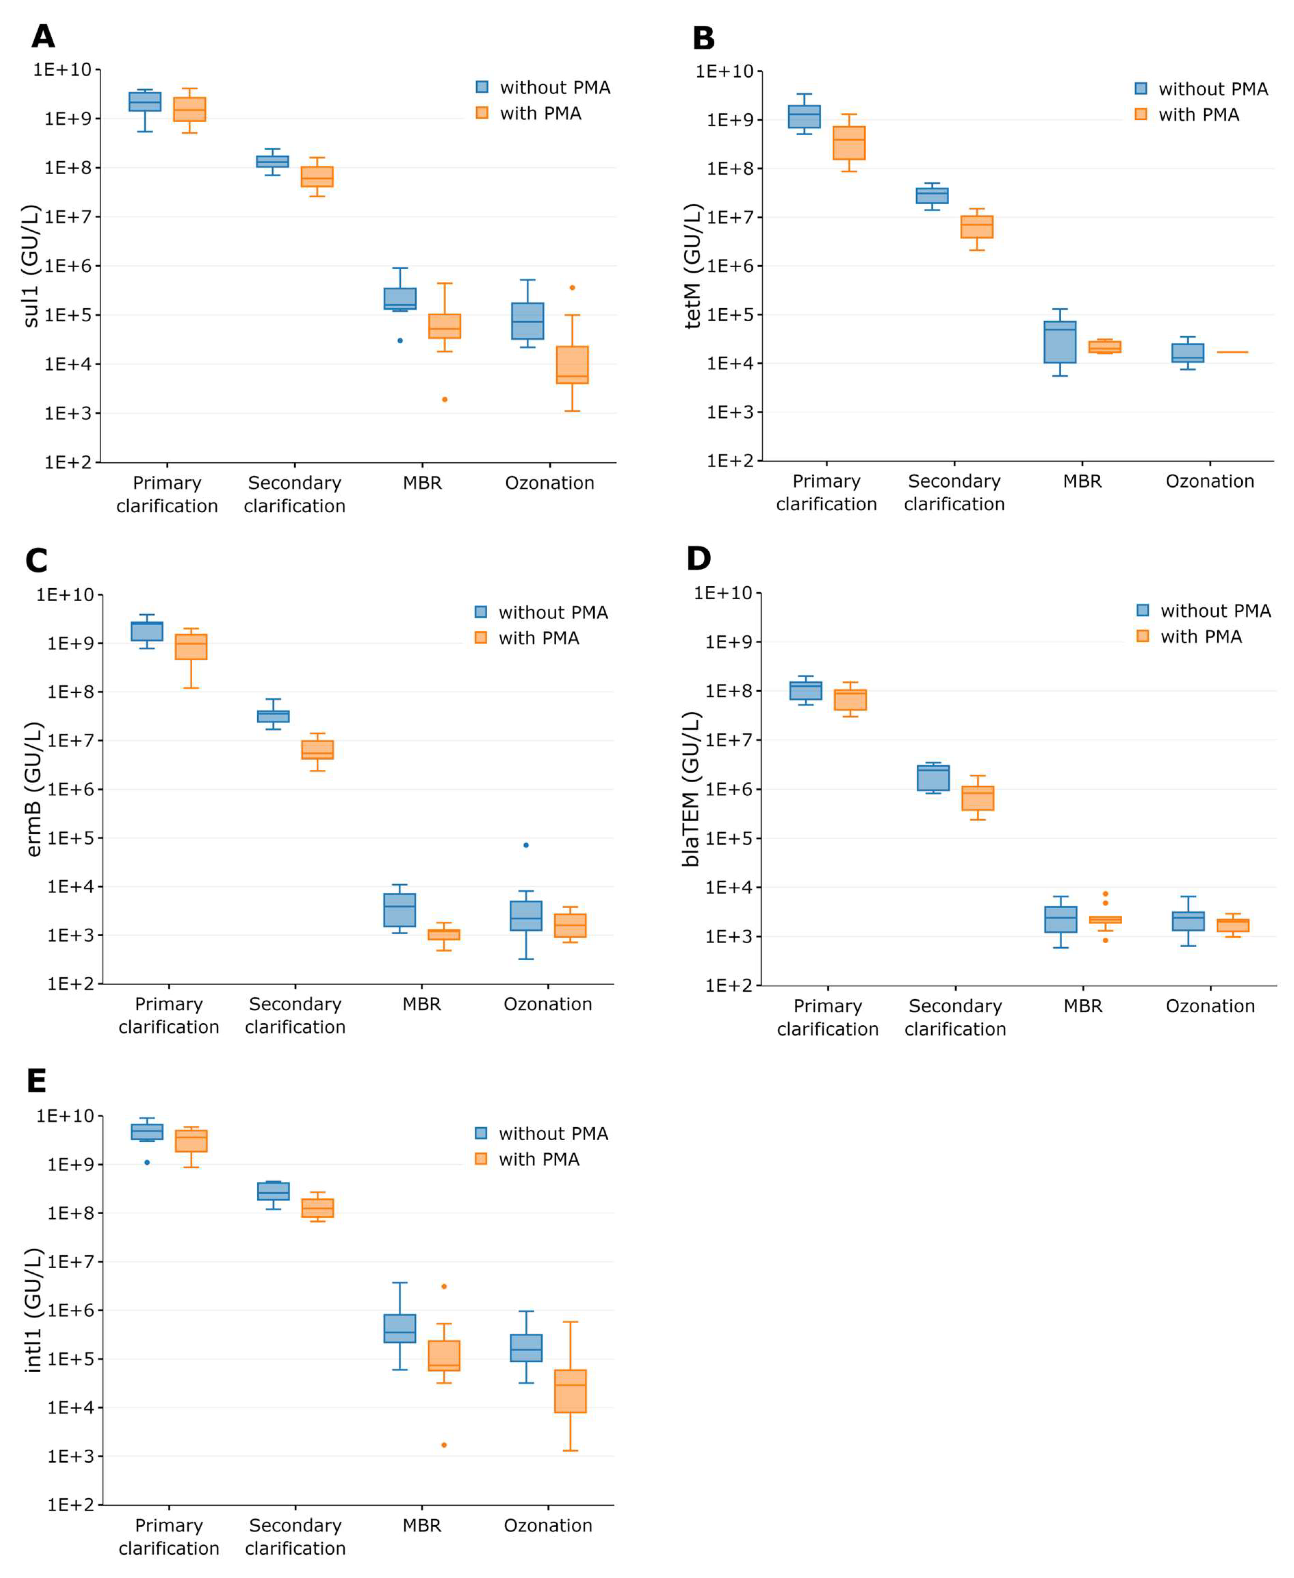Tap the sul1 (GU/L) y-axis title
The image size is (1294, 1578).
click(30, 266)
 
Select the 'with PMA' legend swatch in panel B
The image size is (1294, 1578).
click(1140, 114)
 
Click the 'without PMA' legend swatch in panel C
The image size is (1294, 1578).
click(481, 612)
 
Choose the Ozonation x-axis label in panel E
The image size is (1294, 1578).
click(548, 1525)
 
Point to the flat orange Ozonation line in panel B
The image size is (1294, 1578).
click(1232, 352)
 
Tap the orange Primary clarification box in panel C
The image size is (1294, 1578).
click(191, 647)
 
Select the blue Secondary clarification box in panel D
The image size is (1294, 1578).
click(932, 778)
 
